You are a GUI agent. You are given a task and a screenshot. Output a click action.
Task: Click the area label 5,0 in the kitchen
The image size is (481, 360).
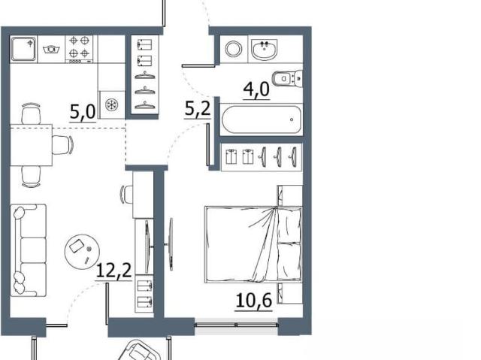point(83,112)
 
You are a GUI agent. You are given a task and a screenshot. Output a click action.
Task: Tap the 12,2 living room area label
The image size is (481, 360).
point(113,271)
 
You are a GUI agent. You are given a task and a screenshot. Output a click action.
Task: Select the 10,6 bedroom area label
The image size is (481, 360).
point(254,301)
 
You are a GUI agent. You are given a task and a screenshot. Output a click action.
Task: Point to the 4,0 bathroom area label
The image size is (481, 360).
point(256,90)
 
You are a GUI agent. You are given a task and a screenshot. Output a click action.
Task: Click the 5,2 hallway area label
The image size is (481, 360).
point(198,109)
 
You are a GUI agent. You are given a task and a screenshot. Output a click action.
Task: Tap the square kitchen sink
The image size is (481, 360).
point(23,48)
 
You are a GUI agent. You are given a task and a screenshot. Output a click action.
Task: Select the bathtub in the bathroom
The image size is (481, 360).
point(262,119)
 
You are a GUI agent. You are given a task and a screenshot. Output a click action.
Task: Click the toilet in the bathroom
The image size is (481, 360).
point(287,79)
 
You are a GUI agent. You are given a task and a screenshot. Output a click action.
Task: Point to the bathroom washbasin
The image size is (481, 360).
point(265,49)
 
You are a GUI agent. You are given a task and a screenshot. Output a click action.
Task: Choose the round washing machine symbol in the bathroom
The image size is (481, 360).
point(234,49)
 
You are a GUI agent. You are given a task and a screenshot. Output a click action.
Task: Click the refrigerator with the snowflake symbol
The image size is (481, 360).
point(112,105)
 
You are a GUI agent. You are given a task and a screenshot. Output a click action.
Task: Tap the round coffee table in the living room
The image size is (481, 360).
point(82,252)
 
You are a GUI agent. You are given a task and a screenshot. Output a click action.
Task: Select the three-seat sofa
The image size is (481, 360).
point(29,250)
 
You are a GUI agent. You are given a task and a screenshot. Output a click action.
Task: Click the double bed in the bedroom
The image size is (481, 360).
point(253,244)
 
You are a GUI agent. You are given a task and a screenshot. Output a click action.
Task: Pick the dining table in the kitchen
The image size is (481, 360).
point(31,145)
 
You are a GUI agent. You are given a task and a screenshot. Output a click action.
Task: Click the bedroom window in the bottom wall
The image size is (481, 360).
point(236,324)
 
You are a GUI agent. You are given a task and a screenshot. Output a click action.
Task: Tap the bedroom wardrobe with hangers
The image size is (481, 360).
point(262,157)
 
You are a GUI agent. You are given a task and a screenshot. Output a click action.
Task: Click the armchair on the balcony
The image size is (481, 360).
point(140,350)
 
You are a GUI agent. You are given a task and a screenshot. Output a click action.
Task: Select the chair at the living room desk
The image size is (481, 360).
point(126,195)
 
